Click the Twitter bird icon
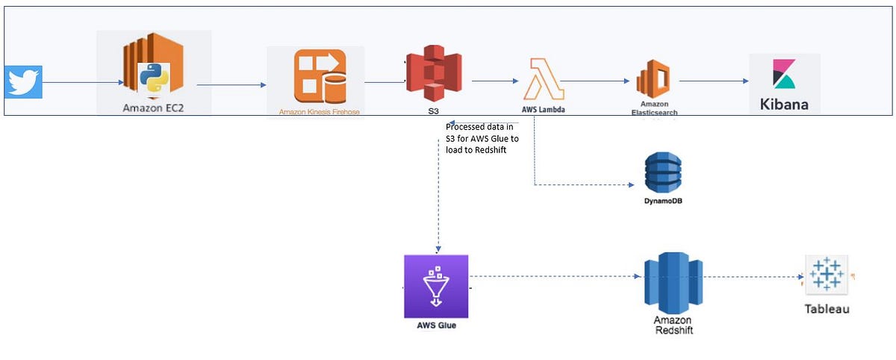tap(23, 81)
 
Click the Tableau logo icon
tap(826, 274)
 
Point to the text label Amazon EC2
tap(154, 108)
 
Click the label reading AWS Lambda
tap(541, 109)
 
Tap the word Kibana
tap(784, 104)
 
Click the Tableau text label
tap(827, 308)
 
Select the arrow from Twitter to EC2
tap(82, 83)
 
